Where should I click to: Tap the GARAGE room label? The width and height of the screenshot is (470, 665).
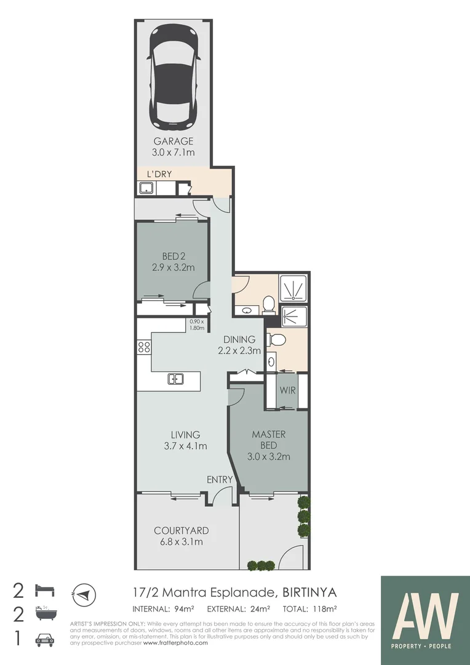[173, 142]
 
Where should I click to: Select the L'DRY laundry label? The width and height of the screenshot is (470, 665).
[159, 174]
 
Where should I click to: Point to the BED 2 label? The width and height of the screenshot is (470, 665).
[173, 256]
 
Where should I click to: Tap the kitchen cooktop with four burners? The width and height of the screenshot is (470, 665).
[144, 347]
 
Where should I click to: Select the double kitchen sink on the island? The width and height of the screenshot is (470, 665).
[175, 379]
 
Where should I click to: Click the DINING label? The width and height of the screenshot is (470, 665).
[239, 339]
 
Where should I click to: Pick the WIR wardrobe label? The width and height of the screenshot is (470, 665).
[288, 391]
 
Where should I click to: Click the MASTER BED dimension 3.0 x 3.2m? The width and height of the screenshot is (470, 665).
[269, 456]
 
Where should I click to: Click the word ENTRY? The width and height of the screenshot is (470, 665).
[220, 480]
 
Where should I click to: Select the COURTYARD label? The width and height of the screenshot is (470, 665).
[181, 530]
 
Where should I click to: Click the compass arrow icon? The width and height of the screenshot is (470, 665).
[84, 594]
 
